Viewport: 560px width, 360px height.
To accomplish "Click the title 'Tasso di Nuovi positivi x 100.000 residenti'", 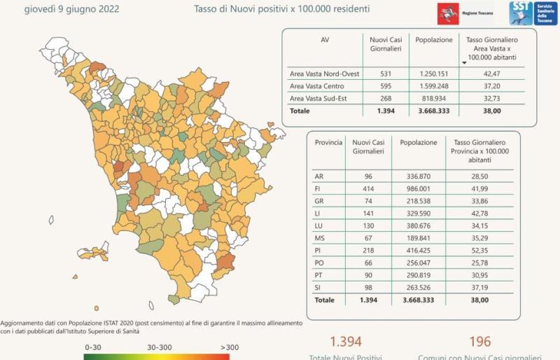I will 282,10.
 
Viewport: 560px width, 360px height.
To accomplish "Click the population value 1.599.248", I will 434,85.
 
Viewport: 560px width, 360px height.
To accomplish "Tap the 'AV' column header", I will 325,40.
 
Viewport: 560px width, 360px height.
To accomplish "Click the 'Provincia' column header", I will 328,142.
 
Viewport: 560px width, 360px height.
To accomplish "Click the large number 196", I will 479,341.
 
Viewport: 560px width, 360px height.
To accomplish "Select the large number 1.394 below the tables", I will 346,341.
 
